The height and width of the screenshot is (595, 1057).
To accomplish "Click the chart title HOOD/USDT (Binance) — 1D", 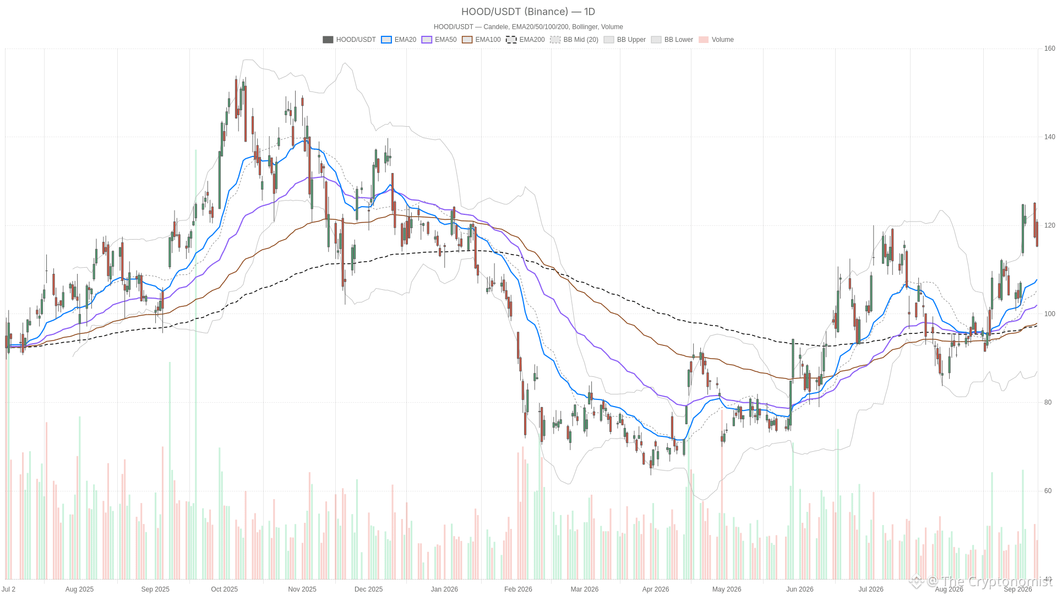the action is pos(528,12).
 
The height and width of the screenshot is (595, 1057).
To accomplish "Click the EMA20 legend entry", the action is pos(399,40).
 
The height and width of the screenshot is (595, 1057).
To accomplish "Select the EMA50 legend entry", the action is pos(439,40).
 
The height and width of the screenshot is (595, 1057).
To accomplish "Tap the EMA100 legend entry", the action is pos(481,40).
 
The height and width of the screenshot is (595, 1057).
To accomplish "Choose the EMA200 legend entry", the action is pos(525,40).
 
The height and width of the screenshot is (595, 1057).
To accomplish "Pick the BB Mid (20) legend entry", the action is pos(574,40).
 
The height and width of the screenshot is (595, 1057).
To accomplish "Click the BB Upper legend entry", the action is pos(625,40).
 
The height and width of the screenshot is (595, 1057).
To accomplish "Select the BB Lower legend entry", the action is pos(672,40).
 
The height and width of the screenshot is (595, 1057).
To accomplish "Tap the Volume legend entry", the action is pos(716,40).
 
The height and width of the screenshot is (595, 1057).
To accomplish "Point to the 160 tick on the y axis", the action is pos(1050,48).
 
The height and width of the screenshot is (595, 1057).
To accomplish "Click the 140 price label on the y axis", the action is pos(1050,137).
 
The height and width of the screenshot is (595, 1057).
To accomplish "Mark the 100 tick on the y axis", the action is pos(1050,314).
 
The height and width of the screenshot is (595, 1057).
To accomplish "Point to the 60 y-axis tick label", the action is pos(1048,491).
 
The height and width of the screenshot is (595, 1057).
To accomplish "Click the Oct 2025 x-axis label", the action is pos(225,589).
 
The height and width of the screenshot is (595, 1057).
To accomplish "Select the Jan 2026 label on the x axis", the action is pos(444,589).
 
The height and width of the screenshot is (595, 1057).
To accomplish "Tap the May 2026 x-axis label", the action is pos(727,589).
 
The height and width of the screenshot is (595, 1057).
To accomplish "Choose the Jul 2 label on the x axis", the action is pos(8,589).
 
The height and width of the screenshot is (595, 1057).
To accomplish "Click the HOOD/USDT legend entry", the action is pos(349,40).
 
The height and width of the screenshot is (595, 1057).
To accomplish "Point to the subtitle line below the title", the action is pos(528,27).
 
